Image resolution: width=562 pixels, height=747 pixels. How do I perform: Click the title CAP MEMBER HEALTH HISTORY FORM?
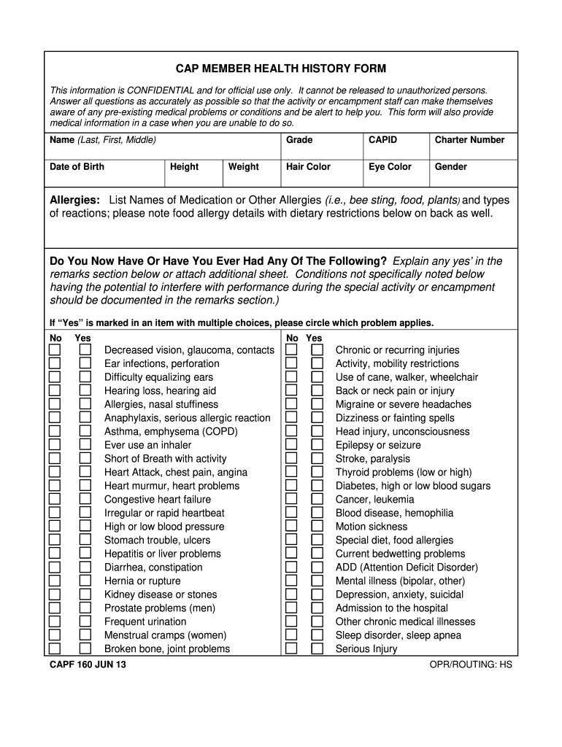pyautogui.click(x=281, y=69)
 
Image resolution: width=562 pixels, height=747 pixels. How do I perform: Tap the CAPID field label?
pyautogui.click(x=383, y=139)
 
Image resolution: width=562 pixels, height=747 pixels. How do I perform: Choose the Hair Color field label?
pyautogui.click(x=308, y=166)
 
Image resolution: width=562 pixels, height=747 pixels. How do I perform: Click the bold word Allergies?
pyautogui.click(x=74, y=200)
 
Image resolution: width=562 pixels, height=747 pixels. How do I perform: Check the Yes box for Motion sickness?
pyautogui.click(x=317, y=527)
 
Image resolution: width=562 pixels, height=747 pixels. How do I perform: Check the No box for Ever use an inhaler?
pyautogui.click(x=55, y=445)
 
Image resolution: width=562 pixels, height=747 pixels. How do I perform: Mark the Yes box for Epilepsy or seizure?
pyautogui.click(x=317, y=445)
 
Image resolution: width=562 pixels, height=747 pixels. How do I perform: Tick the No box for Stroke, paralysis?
pyautogui.click(x=291, y=459)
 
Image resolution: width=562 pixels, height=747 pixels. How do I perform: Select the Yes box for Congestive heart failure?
pyautogui.click(x=85, y=500)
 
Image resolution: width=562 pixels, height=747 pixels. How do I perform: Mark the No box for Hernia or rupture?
pyautogui.click(x=55, y=581)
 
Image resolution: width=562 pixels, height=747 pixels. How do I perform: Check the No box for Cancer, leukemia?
pyautogui.click(x=291, y=500)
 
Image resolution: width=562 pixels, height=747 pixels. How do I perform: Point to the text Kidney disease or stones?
pyautogui.click(x=161, y=595)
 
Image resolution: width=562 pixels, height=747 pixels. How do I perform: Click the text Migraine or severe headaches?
pyautogui.click(x=403, y=404)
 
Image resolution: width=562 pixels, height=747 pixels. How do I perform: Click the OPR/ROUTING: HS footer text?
pyautogui.click(x=471, y=665)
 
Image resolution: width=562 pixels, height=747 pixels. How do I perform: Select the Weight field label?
pyautogui.click(x=243, y=166)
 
